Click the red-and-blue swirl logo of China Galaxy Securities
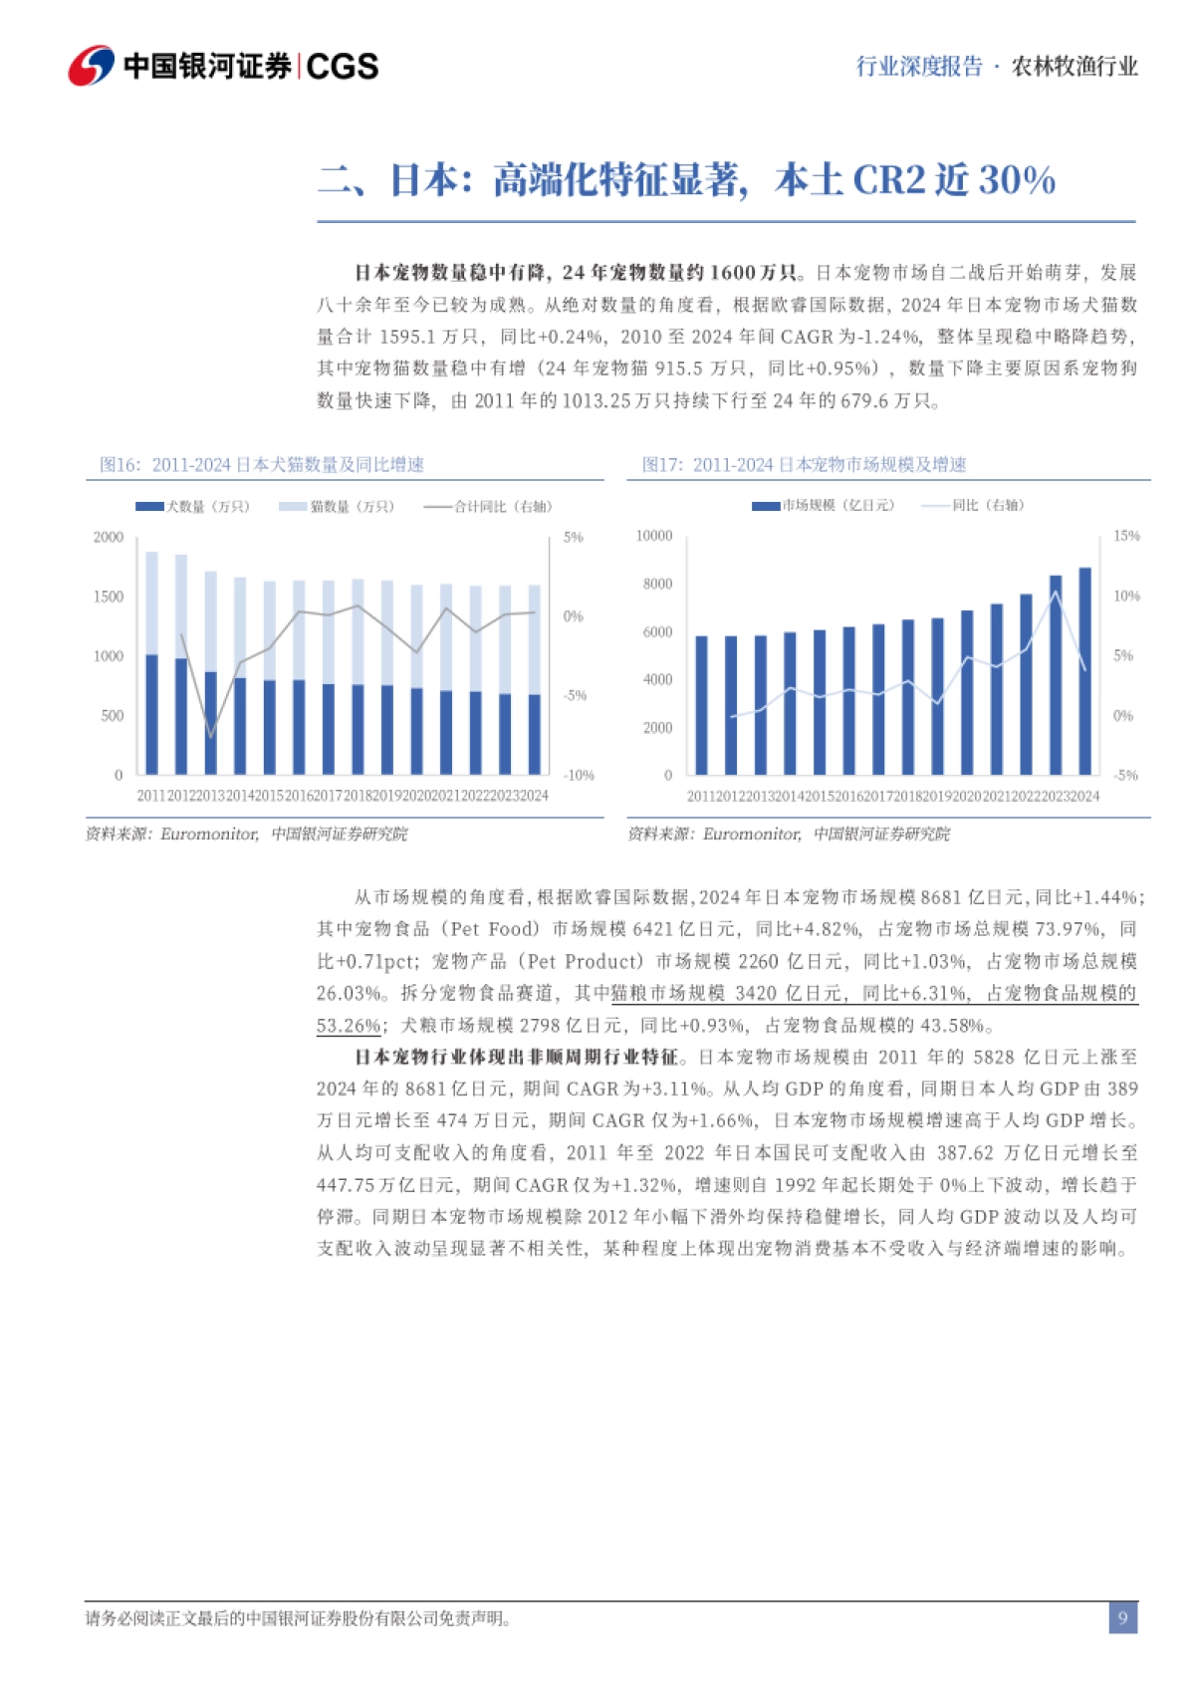91,66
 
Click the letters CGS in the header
342,67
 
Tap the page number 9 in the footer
1122,1617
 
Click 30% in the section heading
1017,180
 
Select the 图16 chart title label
261,464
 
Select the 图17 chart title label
804,464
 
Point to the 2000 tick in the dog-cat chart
109,537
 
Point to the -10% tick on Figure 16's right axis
579,775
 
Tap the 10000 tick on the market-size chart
654,536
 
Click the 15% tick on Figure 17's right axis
1126,536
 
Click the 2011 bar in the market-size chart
701,704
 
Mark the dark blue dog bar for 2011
151,714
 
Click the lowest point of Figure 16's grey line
210,737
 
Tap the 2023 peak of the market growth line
1056,594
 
